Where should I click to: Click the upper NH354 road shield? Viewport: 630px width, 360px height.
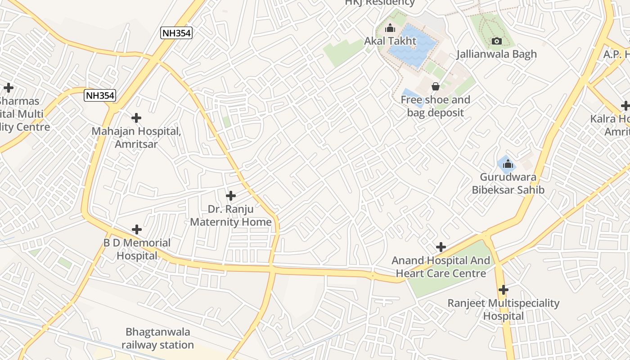click(x=176, y=33)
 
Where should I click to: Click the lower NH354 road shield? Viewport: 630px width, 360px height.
click(x=100, y=95)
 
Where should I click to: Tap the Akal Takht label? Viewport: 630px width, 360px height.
click(x=390, y=41)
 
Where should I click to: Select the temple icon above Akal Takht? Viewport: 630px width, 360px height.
click(x=390, y=28)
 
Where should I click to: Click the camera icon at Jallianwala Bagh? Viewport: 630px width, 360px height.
click(x=496, y=41)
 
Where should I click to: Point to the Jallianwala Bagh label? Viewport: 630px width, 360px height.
click(x=496, y=54)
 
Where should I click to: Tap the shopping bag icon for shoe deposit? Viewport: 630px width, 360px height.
click(x=435, y=86)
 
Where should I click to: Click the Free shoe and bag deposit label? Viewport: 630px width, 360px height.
click(x=435, y=106)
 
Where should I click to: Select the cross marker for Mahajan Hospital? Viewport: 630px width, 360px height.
click(x=136, y=118)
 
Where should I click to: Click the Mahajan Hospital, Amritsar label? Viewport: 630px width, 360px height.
click(x=136, y=138)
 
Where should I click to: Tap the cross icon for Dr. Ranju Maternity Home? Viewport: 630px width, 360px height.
click(x=231, y=196)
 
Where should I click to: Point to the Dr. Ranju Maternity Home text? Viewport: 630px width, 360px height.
click(x=231, y=216)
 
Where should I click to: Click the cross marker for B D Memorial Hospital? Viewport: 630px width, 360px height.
click(x=137, y=229)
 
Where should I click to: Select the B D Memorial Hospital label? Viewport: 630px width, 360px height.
click(x=137, y=249)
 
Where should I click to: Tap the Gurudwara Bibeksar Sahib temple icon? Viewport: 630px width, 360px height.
click(x=508, y=164)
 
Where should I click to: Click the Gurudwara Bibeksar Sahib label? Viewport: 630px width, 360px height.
click(x=508, y=183)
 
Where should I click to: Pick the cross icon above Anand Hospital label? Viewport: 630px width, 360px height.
click(x=441, y=247)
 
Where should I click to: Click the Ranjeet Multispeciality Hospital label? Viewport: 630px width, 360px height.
click(x=503, y=310)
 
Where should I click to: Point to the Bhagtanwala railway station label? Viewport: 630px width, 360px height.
click(x=157, y=339)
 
